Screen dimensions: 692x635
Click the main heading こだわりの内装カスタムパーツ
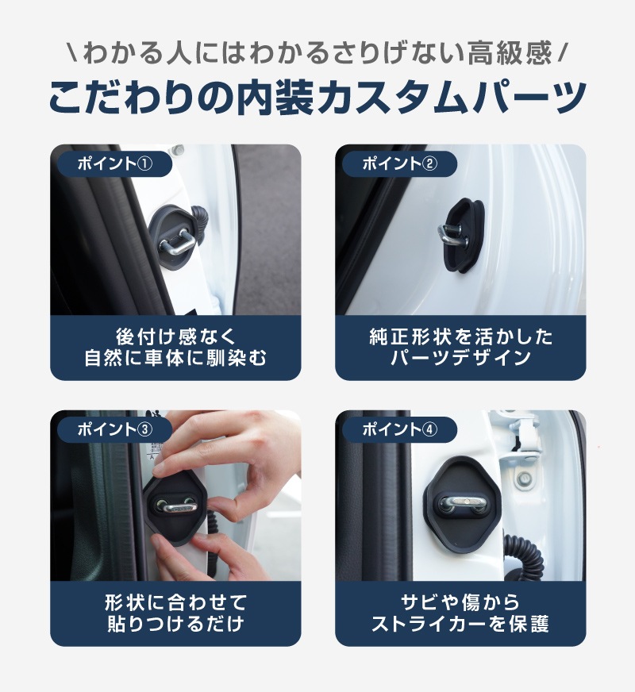(x=317, y=98)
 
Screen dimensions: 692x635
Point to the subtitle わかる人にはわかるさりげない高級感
(x=317, y=54)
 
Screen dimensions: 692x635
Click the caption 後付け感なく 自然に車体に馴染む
(x=175, y=347)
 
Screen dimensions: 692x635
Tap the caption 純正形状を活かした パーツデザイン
(x=460, y=347)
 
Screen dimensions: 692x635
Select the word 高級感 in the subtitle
(x=515, y=54)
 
